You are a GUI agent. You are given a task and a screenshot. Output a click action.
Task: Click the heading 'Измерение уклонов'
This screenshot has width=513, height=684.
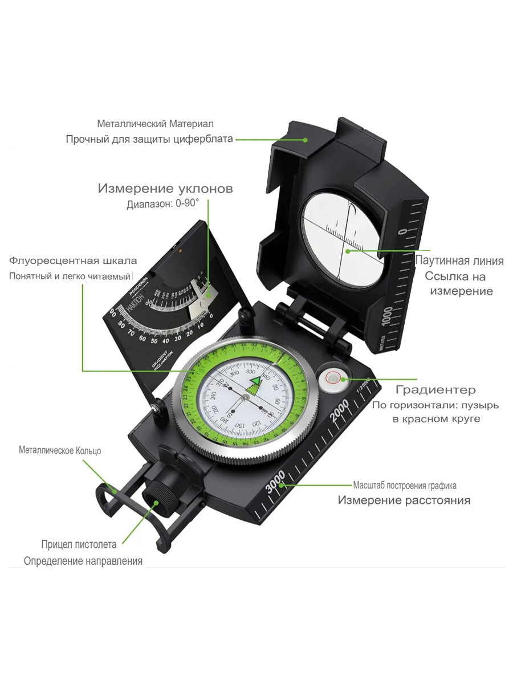(165, 189)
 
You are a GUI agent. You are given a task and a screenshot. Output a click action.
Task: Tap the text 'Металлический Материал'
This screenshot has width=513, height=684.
(156, 124)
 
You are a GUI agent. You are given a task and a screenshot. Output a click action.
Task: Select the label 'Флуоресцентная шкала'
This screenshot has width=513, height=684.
(73, 261)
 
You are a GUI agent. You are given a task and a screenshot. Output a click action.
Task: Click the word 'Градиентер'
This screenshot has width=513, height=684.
(435, 390)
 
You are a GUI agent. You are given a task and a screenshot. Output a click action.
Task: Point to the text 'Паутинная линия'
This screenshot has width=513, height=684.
(459, 261)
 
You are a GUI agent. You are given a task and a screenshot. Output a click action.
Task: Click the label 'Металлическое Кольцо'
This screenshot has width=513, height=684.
(60, 450)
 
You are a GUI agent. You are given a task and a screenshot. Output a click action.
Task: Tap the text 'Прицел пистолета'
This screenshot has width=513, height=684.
(79, 544)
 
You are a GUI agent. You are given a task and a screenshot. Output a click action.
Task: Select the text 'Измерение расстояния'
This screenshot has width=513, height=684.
(404, 500)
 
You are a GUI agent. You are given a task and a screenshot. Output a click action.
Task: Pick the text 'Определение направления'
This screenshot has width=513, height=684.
(83, 561)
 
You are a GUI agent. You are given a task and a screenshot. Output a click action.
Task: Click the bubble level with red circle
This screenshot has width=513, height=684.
(332, 377)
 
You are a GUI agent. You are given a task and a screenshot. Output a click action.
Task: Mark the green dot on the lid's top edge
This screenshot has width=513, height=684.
(306, 140)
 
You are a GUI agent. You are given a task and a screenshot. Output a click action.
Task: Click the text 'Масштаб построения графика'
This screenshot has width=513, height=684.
(405, 486)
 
